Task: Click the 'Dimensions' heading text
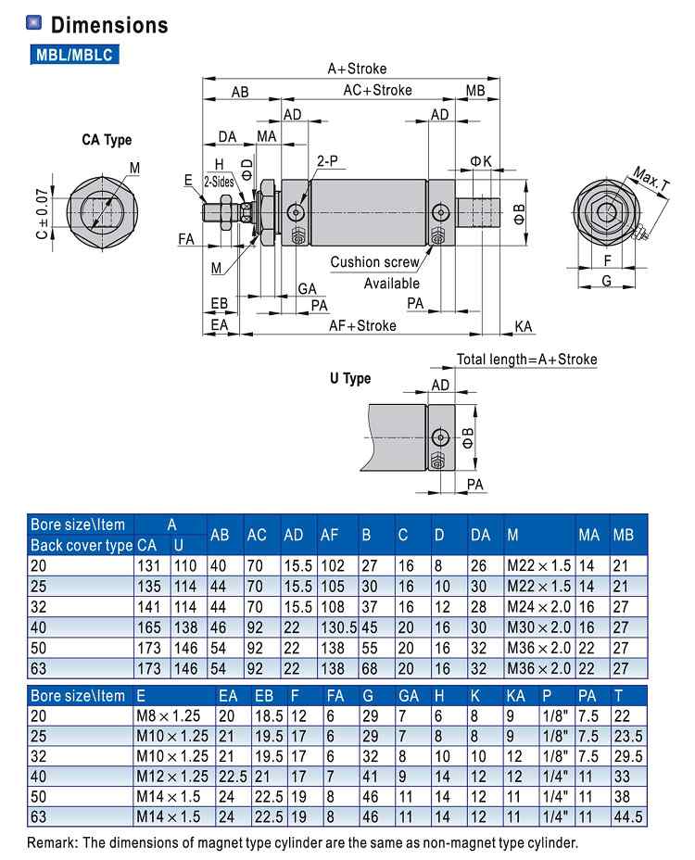coord(109,25)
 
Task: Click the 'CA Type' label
coord(107,140)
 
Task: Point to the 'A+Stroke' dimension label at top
coord(357,69)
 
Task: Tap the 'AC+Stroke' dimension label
coord(377,90)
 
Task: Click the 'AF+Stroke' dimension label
coord(362,325)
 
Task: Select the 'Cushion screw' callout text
coord(374,262)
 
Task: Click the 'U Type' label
coord(350,378)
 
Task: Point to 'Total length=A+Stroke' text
coord(526,360)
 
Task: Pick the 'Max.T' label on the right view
coord(651,180)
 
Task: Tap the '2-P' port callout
coord(327,160)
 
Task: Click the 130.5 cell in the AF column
coord(338,626)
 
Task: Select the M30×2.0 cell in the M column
coord(538,626)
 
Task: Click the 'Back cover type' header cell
coord(81,545)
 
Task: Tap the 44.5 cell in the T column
coord(628,816)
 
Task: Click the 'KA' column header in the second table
coord(515,696)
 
